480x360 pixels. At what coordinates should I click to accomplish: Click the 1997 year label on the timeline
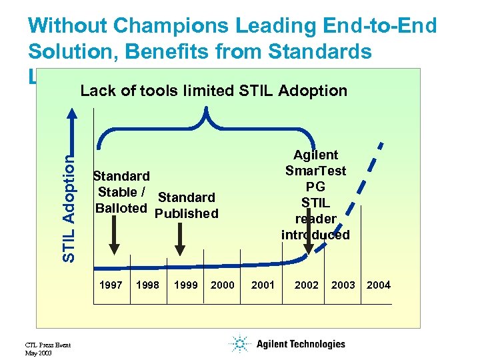pos(111,285)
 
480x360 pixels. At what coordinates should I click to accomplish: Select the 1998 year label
pos(147,285)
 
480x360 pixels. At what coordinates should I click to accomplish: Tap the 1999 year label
pos(185,285)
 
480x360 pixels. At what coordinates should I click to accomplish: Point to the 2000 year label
pos(223,285)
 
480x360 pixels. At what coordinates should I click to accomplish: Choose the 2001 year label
pos(263,285)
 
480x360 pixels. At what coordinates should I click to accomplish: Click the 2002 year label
pos(307,285)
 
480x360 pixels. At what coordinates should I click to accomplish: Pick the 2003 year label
pos(343,285)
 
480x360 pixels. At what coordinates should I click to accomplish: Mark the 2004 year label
pos(379,285)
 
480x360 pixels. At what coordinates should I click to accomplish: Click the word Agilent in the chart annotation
pos(315,155)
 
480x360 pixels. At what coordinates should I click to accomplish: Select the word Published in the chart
pos(186,213)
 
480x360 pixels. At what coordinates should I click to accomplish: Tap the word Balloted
pos(121,208)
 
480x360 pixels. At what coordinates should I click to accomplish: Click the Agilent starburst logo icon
pos(238,344)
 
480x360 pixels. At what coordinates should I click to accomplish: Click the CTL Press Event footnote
pos(47,345)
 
